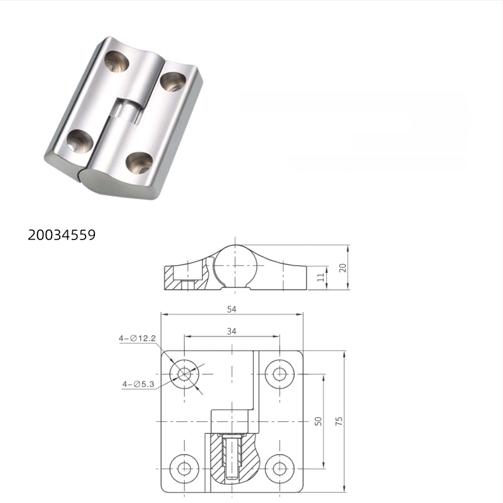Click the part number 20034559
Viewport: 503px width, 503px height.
click(61, 235)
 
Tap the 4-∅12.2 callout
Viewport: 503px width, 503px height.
click(137, 338)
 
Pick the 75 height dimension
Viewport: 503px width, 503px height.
click(340, 421)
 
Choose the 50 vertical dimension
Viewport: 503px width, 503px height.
click(319, 421)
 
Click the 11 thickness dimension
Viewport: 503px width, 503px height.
click(321, 277)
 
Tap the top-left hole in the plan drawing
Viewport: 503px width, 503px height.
click(184, 374)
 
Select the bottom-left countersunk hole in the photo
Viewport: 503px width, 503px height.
click(80, 140)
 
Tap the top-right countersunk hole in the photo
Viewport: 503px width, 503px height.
click(172, 81)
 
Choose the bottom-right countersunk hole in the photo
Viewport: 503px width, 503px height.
click(138, 163)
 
